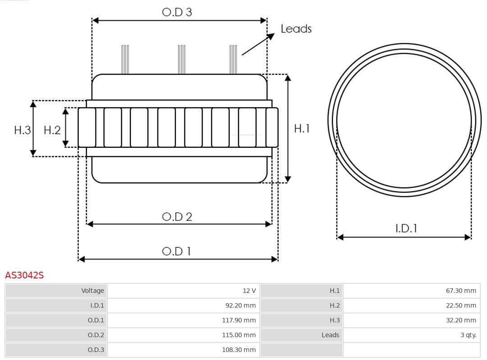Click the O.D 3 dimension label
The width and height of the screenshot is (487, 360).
click(177, 12)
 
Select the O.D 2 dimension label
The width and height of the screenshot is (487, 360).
click(177, 217)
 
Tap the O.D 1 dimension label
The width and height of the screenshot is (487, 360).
click(176, 251)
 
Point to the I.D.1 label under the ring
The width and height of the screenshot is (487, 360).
click(406, 228)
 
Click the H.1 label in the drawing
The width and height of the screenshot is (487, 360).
click(302, 128)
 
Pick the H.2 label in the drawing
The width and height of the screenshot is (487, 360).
click(52, 130)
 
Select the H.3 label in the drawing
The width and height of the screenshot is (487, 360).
click(22, 130)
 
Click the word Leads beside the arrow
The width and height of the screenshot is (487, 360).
click(296, 29)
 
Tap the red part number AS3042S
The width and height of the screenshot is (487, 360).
click(24, 275)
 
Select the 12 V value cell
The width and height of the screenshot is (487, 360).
click(249, 291)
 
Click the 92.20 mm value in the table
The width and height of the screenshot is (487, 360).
click(240, 305)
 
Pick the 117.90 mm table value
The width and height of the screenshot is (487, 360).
click(239, 320)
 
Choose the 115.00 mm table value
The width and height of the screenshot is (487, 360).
click(239, 335)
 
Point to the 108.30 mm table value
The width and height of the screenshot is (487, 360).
click(239, 350)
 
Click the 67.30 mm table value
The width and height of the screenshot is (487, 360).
click(461, 291)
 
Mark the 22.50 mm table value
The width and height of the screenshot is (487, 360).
click(461, 305)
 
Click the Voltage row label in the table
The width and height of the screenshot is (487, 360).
click(92, 291)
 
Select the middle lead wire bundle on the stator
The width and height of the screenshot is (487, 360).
click(181, 59)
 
